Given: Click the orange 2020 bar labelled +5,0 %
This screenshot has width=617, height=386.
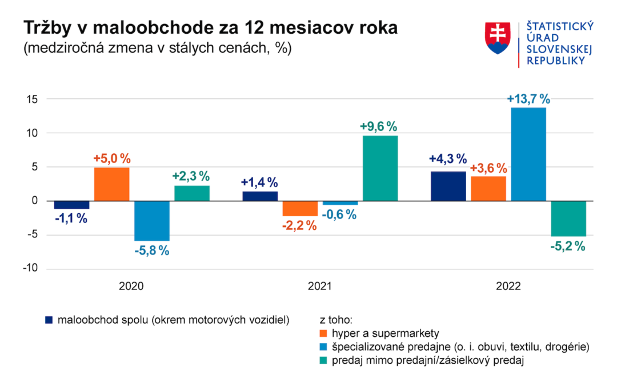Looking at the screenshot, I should click(111, 184).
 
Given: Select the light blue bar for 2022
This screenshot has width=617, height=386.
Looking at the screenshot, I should click(528, 154).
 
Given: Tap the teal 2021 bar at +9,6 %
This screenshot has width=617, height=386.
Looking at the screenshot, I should click(380, 168).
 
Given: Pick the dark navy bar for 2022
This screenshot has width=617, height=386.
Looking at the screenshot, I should click(448, 186).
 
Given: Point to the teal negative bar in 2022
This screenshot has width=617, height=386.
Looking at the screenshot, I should click(568, 218).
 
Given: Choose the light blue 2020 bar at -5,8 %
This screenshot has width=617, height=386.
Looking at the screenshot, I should click(152, 221).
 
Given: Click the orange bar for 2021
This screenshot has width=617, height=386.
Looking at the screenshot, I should click(300, 208).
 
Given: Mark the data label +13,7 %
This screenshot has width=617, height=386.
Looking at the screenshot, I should click(528, 99).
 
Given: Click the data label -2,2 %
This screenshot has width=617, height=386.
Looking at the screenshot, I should click(299, 225).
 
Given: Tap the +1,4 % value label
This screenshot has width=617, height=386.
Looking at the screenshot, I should click(259, 182).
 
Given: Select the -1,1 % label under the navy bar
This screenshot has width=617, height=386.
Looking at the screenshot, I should click(71, 218).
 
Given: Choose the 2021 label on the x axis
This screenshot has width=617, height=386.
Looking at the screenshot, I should click(320, 286).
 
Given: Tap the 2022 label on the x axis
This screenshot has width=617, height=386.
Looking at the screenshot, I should click(508, 286).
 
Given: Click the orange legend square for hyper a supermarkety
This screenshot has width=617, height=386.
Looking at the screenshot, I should click(323, 333).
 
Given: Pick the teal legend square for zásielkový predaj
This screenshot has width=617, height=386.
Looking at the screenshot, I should click(323, 360).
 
